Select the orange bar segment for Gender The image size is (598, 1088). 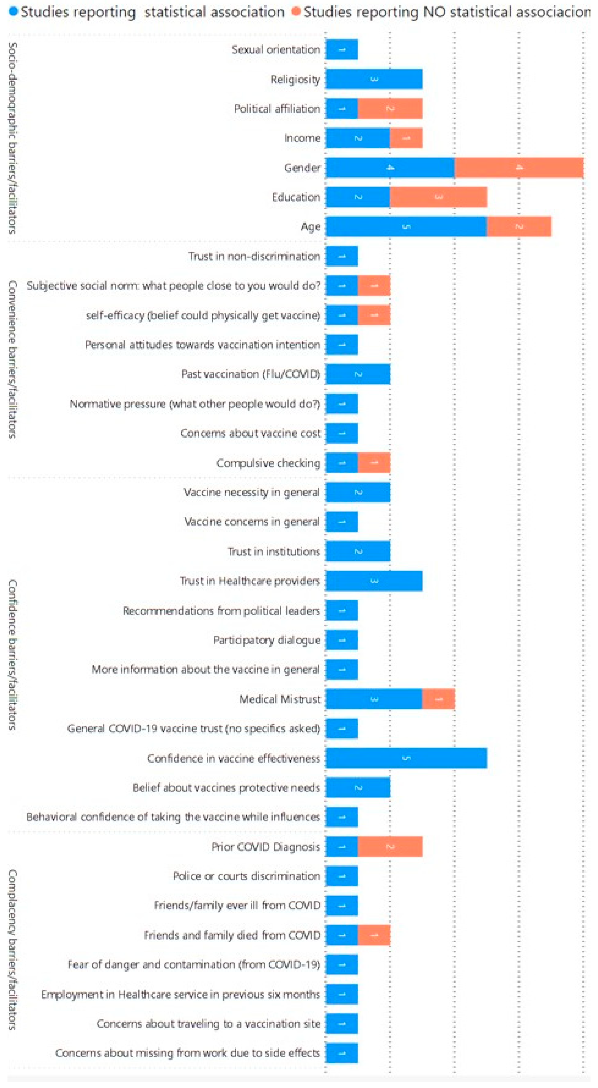click(x=519, y=168)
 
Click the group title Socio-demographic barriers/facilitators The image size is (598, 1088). click(x=13, y=138)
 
